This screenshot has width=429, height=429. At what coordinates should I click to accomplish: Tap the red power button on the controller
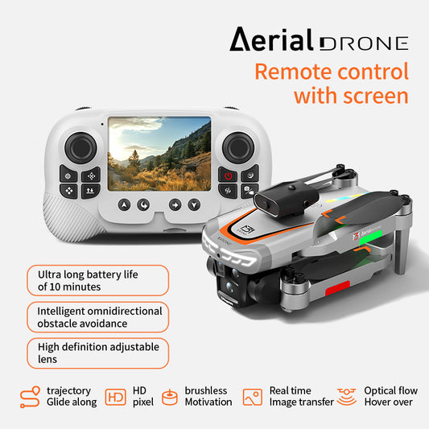click(x=228, y=175)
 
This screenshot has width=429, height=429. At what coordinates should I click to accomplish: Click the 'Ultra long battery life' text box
click(x=97, y=280)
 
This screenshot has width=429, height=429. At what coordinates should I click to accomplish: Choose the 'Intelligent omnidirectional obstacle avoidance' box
click(x=97, y=317)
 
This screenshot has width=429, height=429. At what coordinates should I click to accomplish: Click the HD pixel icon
click(x=116, y=397)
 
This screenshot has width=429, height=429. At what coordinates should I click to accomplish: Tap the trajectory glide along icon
click(x=30, y=397)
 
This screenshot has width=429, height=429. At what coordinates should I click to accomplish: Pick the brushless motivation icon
click(x=170, y=397)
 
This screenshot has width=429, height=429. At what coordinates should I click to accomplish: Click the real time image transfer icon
click(x=253, y=397)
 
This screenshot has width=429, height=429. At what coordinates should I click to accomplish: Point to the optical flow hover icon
click(x=348, y=396)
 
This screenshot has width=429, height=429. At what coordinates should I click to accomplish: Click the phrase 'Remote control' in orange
click(x=332, y=71)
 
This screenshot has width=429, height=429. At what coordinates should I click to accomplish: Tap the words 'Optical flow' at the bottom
click(x=390, y=390)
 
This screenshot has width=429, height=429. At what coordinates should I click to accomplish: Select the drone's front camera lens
click(x=233, y=284)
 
